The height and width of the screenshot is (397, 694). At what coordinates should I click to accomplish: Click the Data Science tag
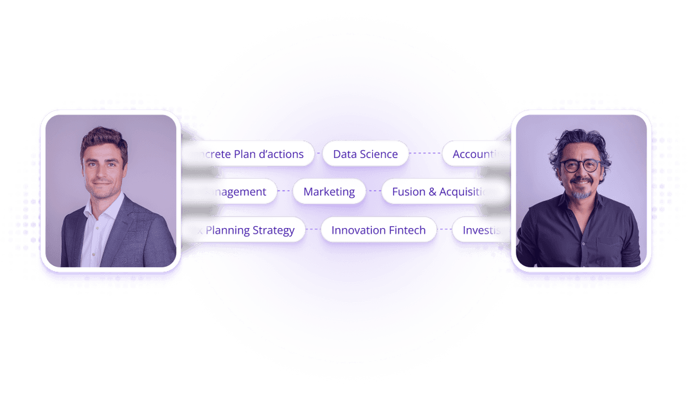point(365,154)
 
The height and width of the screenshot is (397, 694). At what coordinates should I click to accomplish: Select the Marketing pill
point(329,191)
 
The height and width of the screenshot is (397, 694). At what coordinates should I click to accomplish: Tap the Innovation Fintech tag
point(378,230)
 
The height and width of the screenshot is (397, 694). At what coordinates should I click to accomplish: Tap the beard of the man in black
point(582,191)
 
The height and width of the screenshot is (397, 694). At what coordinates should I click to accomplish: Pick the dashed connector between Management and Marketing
point(285,191)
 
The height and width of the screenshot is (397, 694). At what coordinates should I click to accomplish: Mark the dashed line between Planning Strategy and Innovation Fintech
point(313,230)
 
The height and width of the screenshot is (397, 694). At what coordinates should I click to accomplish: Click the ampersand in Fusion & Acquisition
point(432,191)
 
